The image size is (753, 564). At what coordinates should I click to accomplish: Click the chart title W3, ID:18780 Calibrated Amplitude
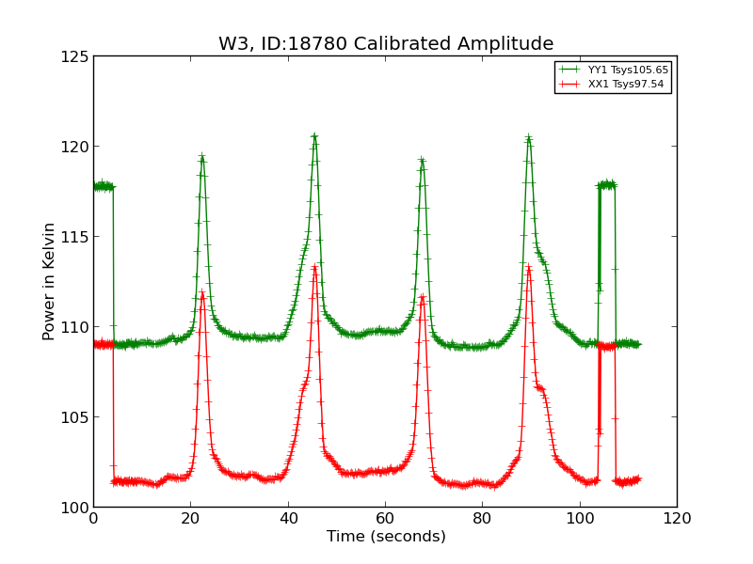pyautogui.click(x=386, y=44)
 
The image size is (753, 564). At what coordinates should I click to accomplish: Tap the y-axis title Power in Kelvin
pyautogui.click(x=49, y=281)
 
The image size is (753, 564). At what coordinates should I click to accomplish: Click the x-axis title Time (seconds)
pyautogui.click(x=386, y=537)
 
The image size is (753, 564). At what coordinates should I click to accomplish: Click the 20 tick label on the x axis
pyautogui.click(x=190, y=519)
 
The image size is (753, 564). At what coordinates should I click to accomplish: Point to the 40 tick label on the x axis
pyautogui.click(x=288, y=519)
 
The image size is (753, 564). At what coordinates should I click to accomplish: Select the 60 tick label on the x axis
pyautogui.click(x=385, y=519)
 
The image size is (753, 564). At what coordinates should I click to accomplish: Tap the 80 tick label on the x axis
pyautogui.click(x=482, y=519)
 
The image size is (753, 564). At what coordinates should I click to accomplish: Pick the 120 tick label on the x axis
pyautogui.click(x=676, y=519)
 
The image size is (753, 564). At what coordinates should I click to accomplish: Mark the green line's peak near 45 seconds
pyautogui.click(x=314, y=136)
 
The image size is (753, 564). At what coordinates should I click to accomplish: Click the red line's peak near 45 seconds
pyautogui.click(x=314, y=267)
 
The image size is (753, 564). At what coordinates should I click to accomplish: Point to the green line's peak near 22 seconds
pyautogui.click(x=201, y=157)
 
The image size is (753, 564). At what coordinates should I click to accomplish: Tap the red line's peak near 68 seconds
pyautogui.click(x=422, y=297)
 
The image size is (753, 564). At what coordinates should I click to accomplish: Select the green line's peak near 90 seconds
pyautogui.click(x=529, y=138)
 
